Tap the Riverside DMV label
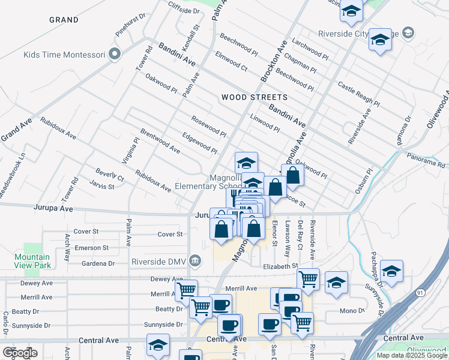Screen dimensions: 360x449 click(161, 262)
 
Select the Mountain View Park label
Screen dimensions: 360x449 click(32, 261)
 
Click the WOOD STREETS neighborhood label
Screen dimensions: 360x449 click(254, 97)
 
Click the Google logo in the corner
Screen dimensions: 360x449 click(20, 352)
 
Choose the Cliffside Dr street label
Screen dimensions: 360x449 click(184, 11)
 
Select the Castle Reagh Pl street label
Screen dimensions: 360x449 click(358, 94)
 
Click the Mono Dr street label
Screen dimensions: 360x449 click(352, 311)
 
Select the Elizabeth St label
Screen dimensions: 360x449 click(281, 266)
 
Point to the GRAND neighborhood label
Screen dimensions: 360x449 click(64, 20)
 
